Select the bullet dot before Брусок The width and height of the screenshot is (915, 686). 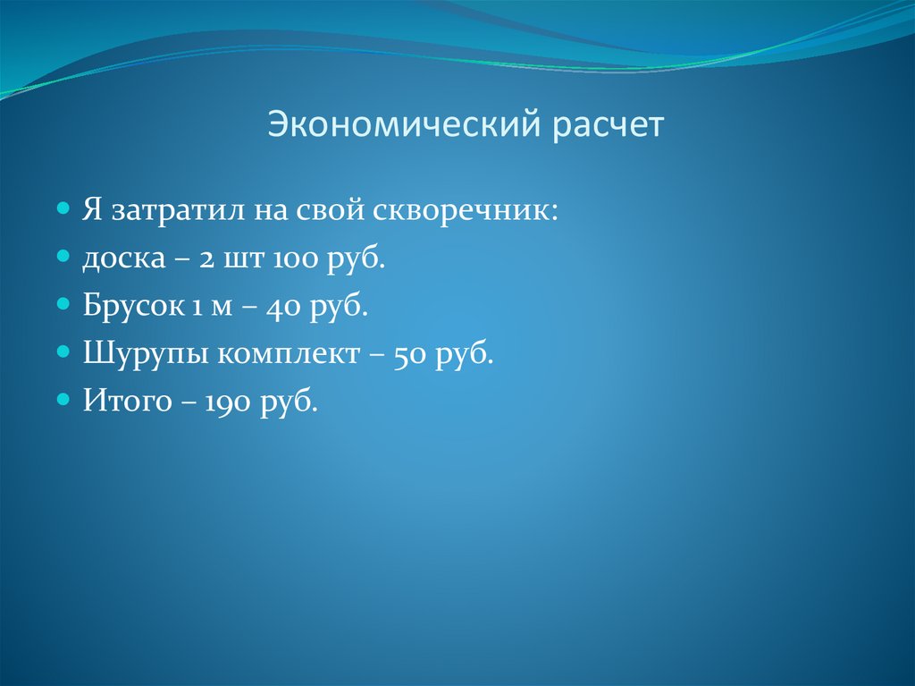(63, 303)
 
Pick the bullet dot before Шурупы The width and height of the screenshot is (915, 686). (63, 350)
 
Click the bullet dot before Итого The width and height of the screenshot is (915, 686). (63, 396)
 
